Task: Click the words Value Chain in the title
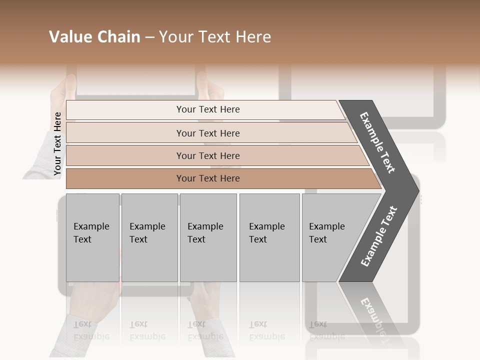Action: [x=94, y=37]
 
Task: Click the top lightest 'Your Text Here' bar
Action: [x=207, y=109]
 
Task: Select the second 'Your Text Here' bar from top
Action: [x=207, y=133]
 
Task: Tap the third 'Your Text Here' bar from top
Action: [x=207, y=155]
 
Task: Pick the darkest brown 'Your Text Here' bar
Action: [x=207, y=178]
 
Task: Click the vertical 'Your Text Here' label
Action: [x=57, y=143]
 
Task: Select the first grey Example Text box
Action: [x=92, y=237]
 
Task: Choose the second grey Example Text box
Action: [x=149, y=237]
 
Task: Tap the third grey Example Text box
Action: [x=208, y=237]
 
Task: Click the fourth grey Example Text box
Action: [x=269, y=237]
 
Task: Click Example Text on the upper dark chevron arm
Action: [x=378, y=142]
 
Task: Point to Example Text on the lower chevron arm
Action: [x=379, y=236]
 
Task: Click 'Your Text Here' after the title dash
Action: [x=215, y=37]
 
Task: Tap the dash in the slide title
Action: [x=149, y=37]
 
